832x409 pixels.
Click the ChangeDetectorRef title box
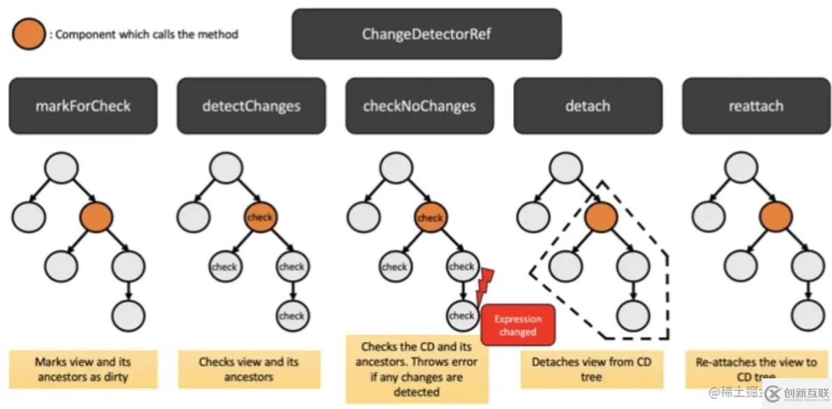coord(426,34)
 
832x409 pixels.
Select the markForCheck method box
coord(83,106)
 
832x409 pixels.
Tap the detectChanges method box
coord(251,106)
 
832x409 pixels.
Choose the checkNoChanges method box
coord(419,106)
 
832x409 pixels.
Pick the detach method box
coord(588,106)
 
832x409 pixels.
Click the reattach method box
coord(756,106)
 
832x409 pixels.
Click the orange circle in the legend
coord(28,34)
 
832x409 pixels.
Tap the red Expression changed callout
coord(518,325)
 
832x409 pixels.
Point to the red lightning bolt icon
coord(485,286)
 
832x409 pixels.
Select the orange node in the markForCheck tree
coord(96,217)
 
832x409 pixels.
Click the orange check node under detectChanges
coord(260,217)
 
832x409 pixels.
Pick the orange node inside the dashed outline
coord(602,217)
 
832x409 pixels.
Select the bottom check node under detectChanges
coord(292,315)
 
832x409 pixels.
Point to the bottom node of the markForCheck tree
coord(128,315)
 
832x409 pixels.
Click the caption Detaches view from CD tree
coord(592,369)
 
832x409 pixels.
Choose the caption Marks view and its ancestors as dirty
coord(83,369)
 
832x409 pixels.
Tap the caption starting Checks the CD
coord(417,369)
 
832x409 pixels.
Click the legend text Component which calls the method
coord(144,34)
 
